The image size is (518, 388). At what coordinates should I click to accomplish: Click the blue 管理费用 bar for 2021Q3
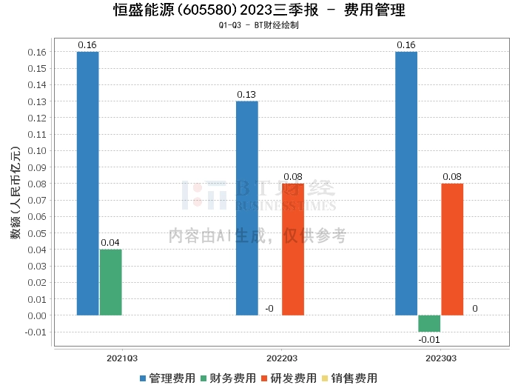click(87, 184)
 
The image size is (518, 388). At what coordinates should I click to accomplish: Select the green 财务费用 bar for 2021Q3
click(110, 282)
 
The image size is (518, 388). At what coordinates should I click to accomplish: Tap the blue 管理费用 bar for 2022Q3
click(247, 208)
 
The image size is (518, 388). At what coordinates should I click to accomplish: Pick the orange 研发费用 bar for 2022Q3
click(293, 250)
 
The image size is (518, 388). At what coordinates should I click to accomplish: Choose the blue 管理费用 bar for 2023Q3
click(406, 184)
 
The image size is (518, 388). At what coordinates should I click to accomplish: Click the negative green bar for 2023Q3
click(429, 324)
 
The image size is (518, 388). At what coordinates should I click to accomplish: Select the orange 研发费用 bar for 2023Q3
click(452, 250)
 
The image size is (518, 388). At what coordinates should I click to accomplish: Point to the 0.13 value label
click(247, 95)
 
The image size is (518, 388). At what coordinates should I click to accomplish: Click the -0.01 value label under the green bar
click(429, 339)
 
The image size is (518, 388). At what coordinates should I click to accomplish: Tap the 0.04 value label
click(110, 243)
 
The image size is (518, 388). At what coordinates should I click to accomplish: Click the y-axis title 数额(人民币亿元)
click(15, 192)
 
